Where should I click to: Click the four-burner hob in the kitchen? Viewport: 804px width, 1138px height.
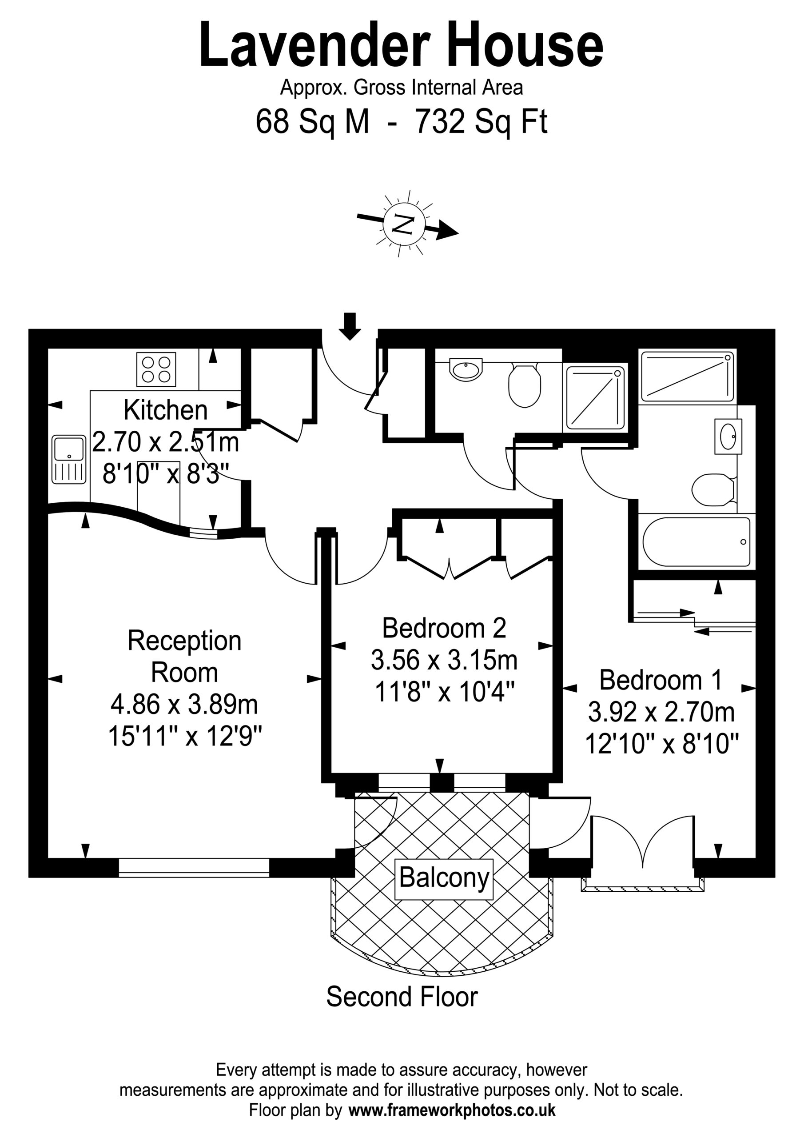156,369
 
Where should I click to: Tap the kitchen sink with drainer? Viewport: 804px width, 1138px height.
69,460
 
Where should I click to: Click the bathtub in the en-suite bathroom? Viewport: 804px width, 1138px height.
696,542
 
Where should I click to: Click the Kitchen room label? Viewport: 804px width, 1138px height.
165,410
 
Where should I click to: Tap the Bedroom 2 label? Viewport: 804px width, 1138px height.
444,628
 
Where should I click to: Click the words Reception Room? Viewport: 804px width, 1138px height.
184,656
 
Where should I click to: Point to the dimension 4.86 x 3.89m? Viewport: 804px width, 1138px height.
184,705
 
